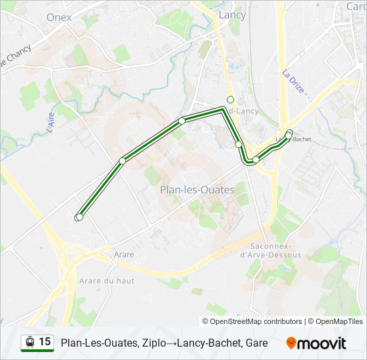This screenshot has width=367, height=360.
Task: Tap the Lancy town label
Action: click(232, 15)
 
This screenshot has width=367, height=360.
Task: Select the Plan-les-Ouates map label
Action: click(197, 190)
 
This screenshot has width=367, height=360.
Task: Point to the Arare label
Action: click(123, 255)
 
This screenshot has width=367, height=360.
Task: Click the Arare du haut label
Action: click(107, 281)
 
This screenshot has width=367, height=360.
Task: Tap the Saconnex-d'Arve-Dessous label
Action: click(270, 250)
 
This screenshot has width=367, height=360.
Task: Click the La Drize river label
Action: click(292, 81)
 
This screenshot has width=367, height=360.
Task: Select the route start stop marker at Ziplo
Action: click(79, 217)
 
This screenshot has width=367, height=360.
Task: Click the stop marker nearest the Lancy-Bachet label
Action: click(288, 135)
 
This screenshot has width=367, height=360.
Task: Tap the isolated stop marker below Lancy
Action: click(231, 99)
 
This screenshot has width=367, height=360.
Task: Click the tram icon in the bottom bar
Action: click(30, 342)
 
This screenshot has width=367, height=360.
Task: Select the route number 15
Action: click(45, 342)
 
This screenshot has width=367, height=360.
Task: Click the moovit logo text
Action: click(322, 343)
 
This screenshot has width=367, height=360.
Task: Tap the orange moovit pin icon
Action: click(292, 343)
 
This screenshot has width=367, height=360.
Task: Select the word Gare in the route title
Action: click(256, 343)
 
